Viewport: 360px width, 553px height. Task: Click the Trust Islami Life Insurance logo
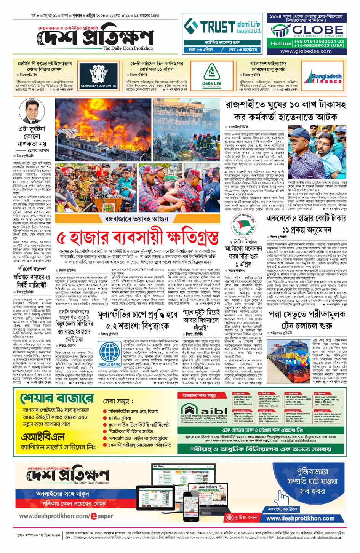tap(223, 27)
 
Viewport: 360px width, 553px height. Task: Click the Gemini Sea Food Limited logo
tap(99, 75)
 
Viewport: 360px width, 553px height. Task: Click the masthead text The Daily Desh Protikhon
tap(128, 48)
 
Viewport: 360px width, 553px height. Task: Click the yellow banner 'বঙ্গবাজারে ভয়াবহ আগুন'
tap(136, 219)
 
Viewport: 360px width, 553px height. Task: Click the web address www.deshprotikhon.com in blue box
tap(300, 518)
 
